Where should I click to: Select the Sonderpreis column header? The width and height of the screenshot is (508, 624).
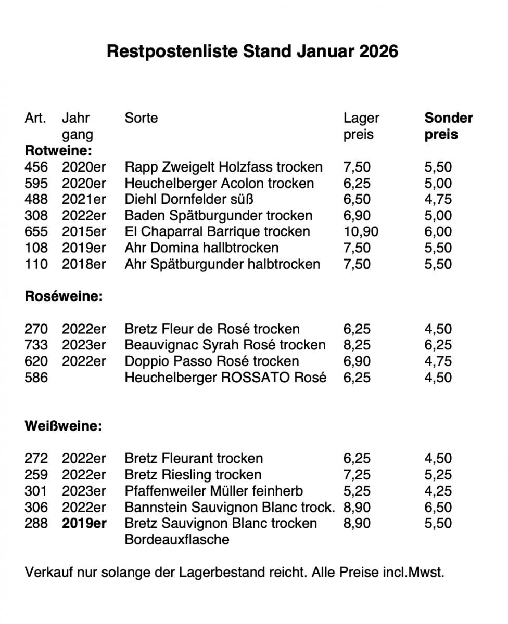[448, 126]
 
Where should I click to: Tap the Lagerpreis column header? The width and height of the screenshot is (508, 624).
[361, 126]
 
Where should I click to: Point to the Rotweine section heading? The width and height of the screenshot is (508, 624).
[58, 151]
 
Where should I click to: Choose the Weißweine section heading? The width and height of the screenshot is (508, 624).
[63, 426]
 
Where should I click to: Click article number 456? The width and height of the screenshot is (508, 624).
[36, 167]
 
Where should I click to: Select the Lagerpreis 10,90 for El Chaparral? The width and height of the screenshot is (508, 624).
[361, 231]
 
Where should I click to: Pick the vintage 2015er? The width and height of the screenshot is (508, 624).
[83, 231]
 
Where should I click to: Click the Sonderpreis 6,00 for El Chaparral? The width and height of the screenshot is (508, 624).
[438, 231]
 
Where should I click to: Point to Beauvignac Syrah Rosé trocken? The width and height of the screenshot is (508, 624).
[225, 345]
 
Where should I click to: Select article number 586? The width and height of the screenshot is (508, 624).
[36, 377]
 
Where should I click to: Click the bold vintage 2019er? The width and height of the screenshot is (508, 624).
[84, 523]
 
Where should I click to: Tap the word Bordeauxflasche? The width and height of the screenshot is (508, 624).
[177, 539]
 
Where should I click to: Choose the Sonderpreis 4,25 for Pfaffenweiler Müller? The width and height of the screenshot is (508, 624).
[438, 491]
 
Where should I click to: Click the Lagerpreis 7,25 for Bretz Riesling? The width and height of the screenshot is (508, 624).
[357, 474]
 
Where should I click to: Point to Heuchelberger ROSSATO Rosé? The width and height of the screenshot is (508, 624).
[225, 377]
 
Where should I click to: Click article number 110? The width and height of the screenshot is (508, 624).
[36, 264]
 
